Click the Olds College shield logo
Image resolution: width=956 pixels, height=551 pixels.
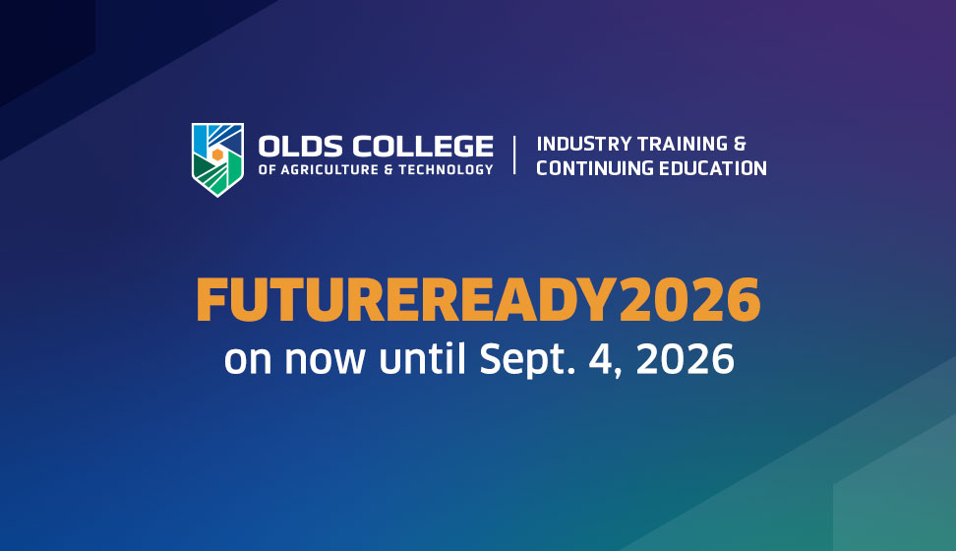pyautogui.click(x=217, y=159)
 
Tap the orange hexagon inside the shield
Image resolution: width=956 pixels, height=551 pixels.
pyautogui.click(x=217, y=154)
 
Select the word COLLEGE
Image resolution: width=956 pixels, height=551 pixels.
pyautogui.click(x=423, y=147)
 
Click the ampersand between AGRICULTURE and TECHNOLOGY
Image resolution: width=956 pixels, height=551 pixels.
pyautogui.click(x=388, y=169)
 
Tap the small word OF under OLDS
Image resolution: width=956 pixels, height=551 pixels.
pyautogui.click(x=268, y=169)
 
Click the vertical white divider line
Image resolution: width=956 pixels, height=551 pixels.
pyautogui.click(x=514, y=155)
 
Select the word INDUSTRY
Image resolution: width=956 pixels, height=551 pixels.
pyautogui.click(x=584, y=144)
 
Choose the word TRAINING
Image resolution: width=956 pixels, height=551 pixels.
pyautogui.click(x=683, y=144)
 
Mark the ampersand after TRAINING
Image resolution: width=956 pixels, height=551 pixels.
pyautogui.click(x=740, y=144)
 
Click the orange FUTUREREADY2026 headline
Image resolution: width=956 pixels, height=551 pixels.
pyautogui.click(x=479, y=299)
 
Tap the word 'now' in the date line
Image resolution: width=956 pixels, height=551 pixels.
pyautogui.click(x=325, y=361)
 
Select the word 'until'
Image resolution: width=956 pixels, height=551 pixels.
pyautogui.click(x=423, y=358)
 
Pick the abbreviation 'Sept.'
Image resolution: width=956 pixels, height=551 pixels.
pyautogui.click(x=527, y=360)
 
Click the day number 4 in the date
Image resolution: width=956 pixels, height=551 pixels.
pyautogui.click(x=602, y=359)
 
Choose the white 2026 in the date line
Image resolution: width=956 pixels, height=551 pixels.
pyautogui.click(x=686, y=359)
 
